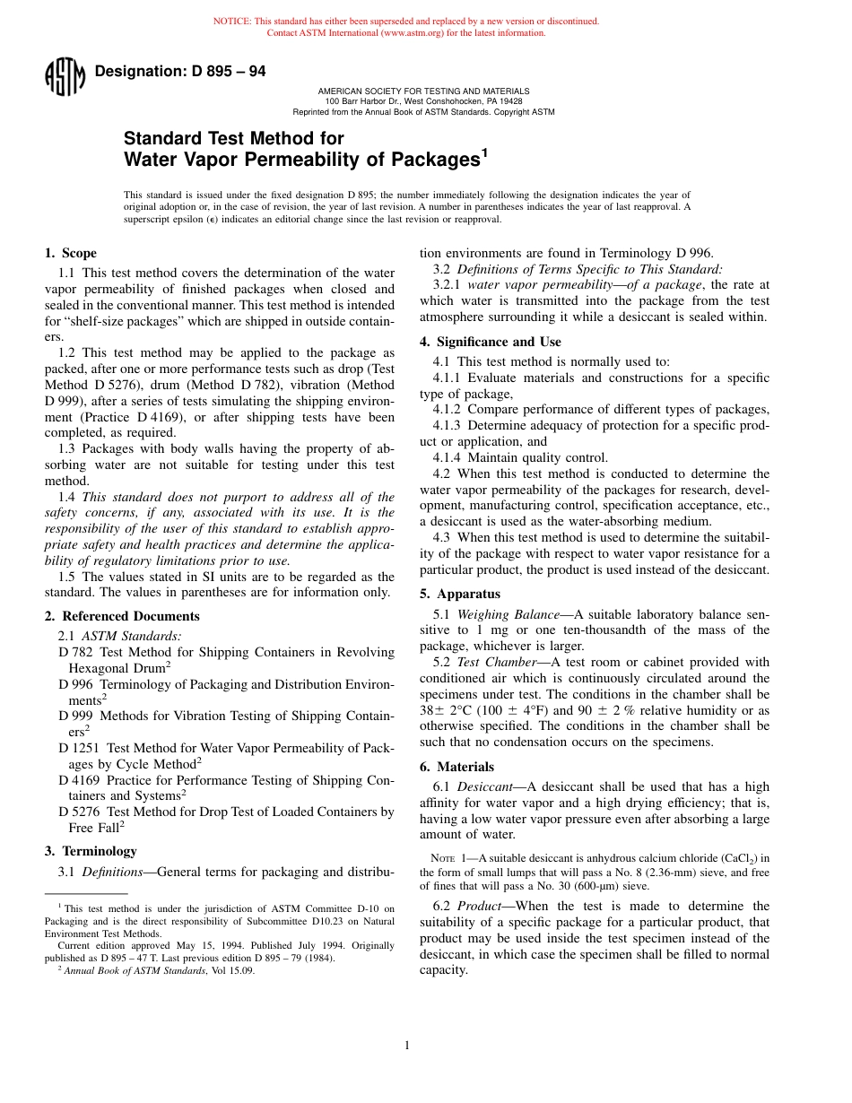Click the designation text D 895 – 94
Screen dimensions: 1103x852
tap(179, 72)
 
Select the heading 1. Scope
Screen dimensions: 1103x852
tap(70, 254)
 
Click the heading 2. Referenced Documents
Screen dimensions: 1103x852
tap(122, 616)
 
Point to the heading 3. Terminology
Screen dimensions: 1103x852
tap(91, 851)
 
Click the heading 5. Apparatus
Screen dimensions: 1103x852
tap(460, 594)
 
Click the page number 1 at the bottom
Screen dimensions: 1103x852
tap(407, 1045)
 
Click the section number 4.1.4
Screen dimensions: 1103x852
tap(448, 457)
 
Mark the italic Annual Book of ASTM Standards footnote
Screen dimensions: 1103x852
tap(135, 969)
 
